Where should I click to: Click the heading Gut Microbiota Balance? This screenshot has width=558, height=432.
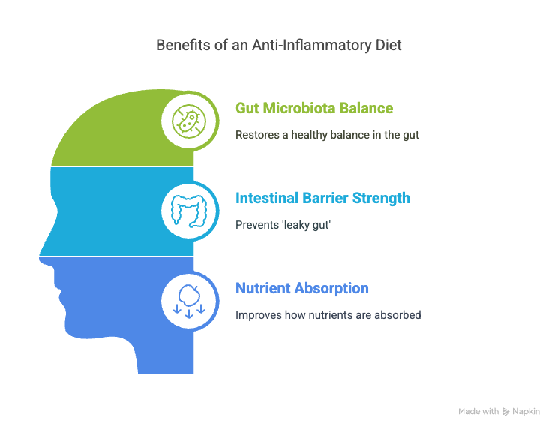coord(314,108)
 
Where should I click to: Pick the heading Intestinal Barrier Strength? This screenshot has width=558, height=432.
coord(322,198)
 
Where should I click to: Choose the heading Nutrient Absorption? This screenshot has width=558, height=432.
coord(302,288)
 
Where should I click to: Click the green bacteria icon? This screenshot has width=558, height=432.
coord(189,121)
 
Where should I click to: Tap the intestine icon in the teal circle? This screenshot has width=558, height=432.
coord(189,211)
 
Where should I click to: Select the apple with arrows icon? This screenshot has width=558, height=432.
coord(189,301)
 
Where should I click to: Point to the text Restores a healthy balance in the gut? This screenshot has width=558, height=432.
coord(328,135)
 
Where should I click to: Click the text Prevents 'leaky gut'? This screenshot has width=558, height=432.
coord(283,225)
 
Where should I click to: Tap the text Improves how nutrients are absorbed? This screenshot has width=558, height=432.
coord(328,315)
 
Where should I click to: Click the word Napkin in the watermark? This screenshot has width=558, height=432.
coord(526,411)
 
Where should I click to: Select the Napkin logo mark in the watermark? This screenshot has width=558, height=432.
coord(505,412)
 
